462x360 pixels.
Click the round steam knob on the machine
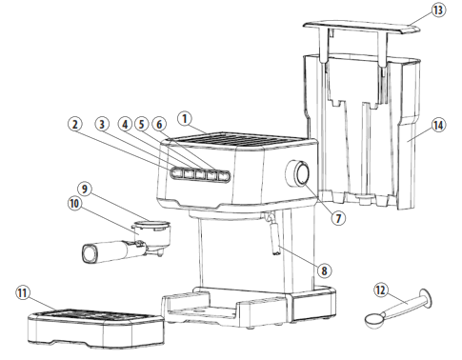coord(302,174)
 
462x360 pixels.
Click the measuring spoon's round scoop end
coord(374,321)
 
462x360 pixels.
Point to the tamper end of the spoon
coord(423,297)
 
